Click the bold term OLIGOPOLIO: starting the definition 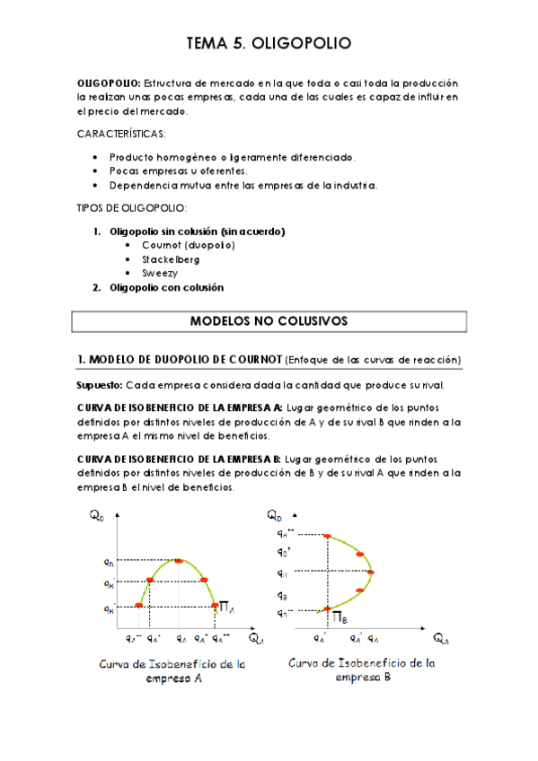[108, 83]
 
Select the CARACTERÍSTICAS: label [121, 134]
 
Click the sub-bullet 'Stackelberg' [170, 259]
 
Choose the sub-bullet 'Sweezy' [160, 273]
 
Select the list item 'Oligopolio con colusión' [165, 288]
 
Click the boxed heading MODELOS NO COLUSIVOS [269, 320]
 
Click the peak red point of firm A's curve [180, 561]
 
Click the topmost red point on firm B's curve [327, 537]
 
